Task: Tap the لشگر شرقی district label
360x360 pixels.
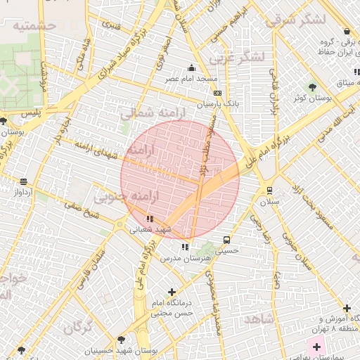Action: click(x=296, y=18)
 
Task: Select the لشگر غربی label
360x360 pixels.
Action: click(x=240, y=56)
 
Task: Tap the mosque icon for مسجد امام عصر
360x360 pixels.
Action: click(x=192, y=68)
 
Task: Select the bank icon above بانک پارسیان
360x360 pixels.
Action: click(x=217, y=93)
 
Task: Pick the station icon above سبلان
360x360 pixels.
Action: click(x=269, y=191)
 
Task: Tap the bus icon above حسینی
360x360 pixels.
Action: click(x=226, y=240)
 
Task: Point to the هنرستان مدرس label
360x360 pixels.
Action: click(x=181, y=258)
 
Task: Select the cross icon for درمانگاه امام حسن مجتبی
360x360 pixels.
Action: click(x=172, y=292)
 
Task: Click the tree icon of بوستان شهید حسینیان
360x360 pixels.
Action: click(x=121, y=340)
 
